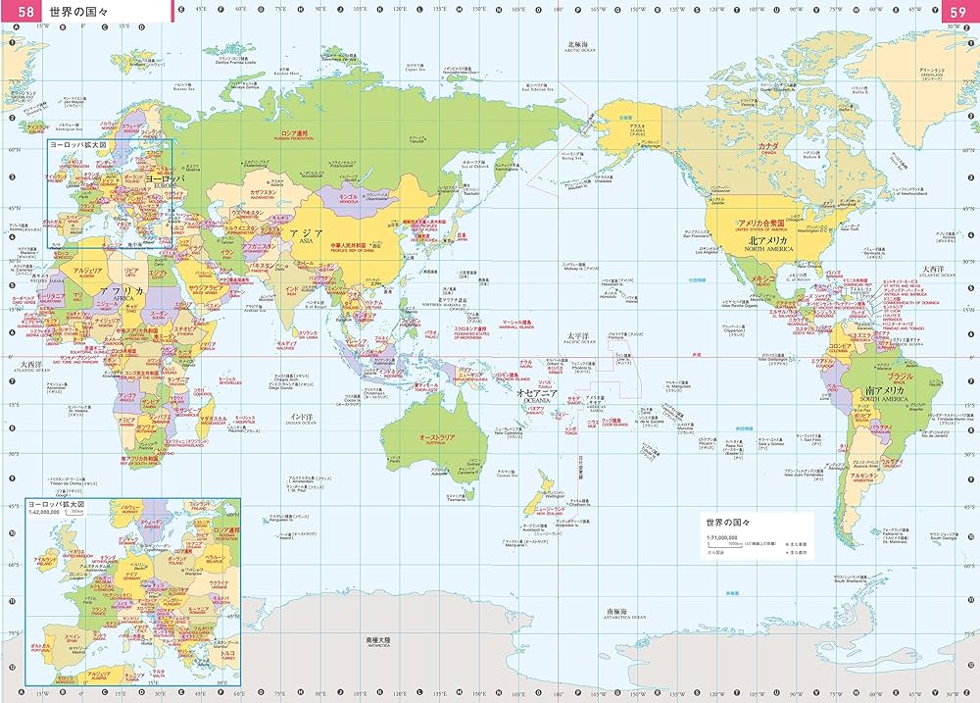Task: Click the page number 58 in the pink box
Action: coord(22,11)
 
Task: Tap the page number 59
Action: coord(957,11)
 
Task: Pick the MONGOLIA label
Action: coord(348,199)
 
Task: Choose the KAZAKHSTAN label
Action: coord(265,194)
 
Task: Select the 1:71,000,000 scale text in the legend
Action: coord(726,540)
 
